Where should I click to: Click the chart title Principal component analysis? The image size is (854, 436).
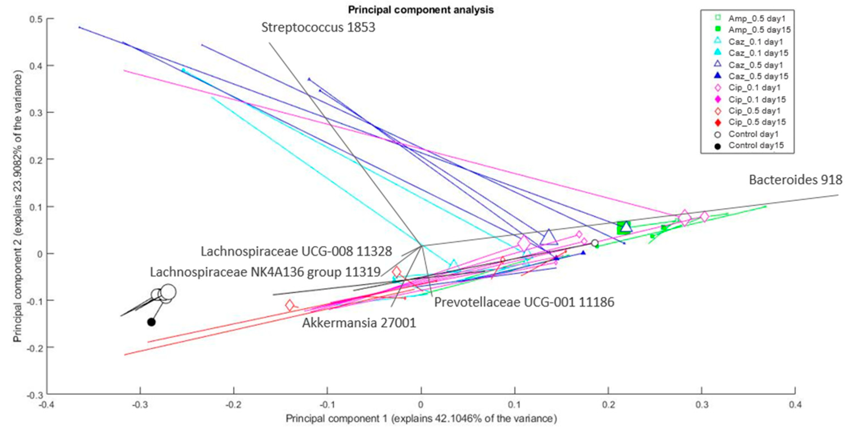click(x=420, y=10)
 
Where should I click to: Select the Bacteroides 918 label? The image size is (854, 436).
click(x=795, y=180)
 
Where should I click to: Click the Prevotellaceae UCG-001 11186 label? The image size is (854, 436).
click(x=524, y=302)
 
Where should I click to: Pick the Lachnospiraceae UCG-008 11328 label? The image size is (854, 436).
click(x=296, y=252)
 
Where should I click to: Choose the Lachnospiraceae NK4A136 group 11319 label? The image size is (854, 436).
click(x=265, y=272)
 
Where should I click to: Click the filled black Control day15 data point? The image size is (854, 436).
click(x=151, y=322)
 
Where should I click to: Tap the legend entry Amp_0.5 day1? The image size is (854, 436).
click(x=756, y=18)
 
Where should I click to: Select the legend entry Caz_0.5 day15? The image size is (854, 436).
click(x=758, y=76)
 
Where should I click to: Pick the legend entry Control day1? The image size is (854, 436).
click(x=753, y=134)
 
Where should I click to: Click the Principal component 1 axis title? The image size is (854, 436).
click(x=421, y=419)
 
